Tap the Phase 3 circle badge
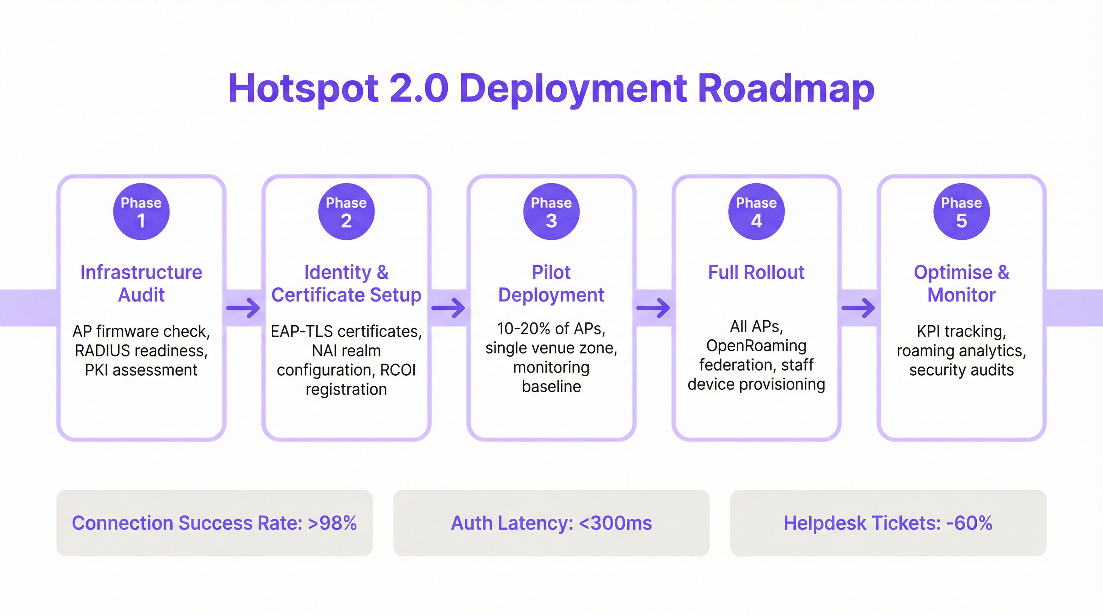(x=551, y=212)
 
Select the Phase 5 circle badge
(x=961, y=212)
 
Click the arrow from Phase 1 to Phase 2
(x=243, y=308)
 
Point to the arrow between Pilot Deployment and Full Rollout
(x=653, y=308)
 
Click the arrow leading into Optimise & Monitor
(x=858, y=308)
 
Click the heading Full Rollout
(x=756, y=272)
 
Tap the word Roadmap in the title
(x=786, y=89)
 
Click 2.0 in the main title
(x=419, y=89)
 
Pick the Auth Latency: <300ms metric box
(x=551, y=523)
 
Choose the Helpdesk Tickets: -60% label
(x=888, y=523)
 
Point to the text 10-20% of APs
(x=551, y=328)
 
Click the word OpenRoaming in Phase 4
(x=756, y=346)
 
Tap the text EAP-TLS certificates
(x=346, y=331)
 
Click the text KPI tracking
(x=961, y=331)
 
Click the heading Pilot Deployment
(x=551, y=284)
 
